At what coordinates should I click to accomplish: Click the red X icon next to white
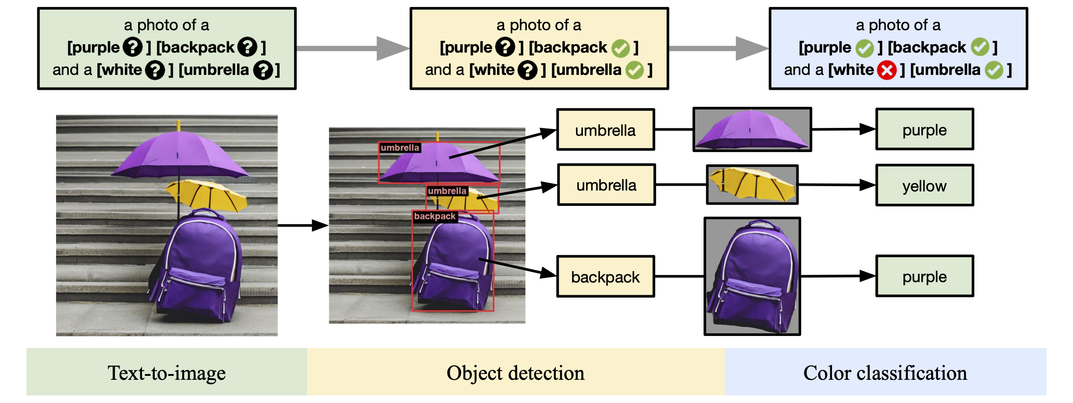pos(887,70)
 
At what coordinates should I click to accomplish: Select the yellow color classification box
pos(924,185)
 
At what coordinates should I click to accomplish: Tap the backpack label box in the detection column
pos(605,277)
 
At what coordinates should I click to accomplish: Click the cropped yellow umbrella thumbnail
pos(752,184)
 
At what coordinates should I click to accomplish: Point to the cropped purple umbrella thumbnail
pos(752,130)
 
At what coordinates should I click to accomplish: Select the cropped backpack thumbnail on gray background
pos(752,276)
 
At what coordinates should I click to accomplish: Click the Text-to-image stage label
pos(167,373)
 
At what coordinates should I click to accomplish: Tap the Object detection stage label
pos(515,373)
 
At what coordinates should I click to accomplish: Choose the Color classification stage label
pos(885,373)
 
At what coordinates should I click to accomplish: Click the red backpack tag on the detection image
pos(435,216)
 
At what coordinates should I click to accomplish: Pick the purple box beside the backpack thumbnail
pos(924,276)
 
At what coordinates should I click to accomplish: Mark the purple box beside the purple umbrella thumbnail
pos(924,130)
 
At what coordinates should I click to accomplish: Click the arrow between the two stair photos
pos(303,226)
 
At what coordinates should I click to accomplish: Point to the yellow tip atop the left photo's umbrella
pos(178,125)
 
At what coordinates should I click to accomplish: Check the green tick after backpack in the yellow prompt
pos(620,48)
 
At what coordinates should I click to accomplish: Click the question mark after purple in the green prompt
pos(132,47)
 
